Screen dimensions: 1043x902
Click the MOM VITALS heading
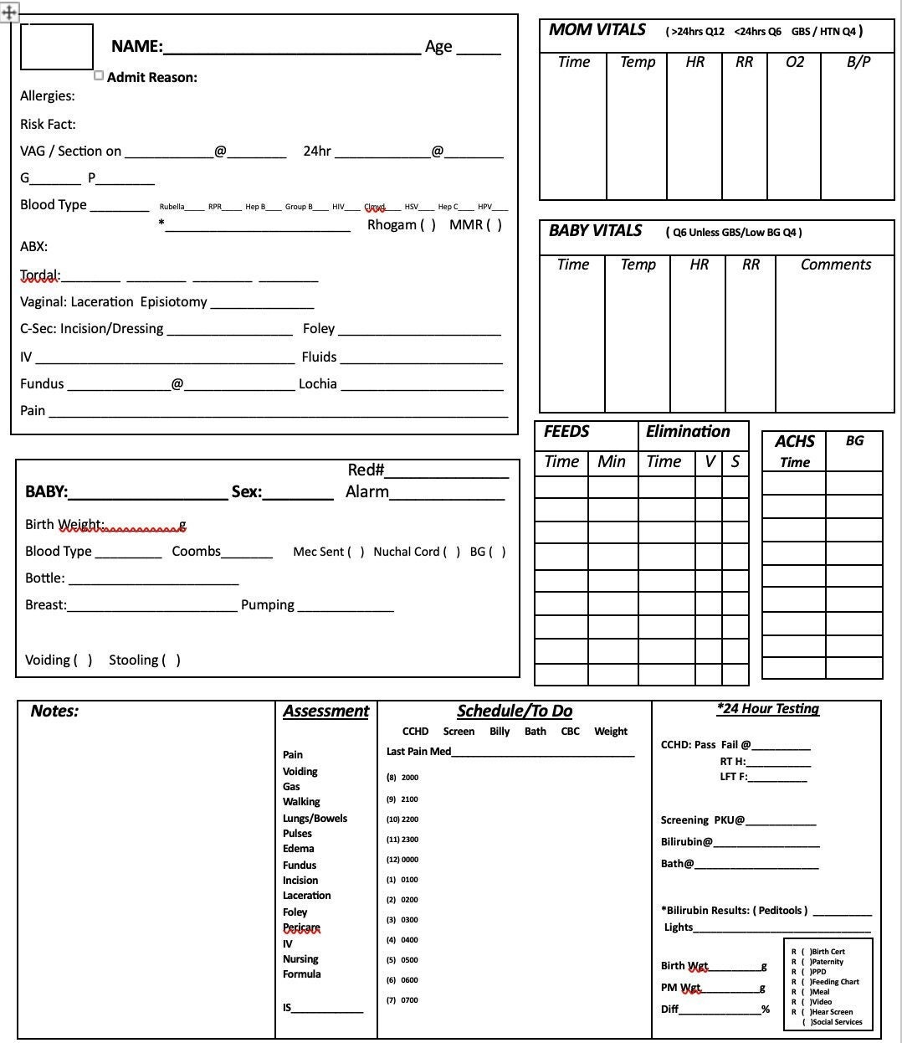click(x=597, y=30)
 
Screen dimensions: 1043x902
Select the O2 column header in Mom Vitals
click(x=794, y=62)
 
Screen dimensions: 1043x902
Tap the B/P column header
click(x=858, y=62)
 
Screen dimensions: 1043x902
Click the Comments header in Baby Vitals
click(x=835, y=265)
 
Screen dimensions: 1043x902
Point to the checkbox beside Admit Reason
click(x=99, y=75)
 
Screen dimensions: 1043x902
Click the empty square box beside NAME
click(x=57, y=47)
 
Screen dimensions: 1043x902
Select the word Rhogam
click(x=392, y=224)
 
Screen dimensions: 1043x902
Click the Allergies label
click(x=48, y=96)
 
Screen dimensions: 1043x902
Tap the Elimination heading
click(x=688, y=432)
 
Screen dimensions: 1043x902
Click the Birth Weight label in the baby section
click(x=64, y=525)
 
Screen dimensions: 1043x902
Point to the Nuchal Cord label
click(x=407, y=552)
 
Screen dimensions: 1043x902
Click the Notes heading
click(x=54, y=712)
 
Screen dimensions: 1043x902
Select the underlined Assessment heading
click(x=325, y=712)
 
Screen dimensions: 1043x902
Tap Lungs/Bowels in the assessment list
click(x=315, y=819)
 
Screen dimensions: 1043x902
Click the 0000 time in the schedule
click(x=409, y=860)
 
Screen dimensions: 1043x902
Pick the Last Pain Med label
click(x=418, y=752)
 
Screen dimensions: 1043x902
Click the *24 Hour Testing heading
click(x=767, y=709)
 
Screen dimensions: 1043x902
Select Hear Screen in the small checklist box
click(x=831, y=1012)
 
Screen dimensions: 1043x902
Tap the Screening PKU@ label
click(x=702, y=820)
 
